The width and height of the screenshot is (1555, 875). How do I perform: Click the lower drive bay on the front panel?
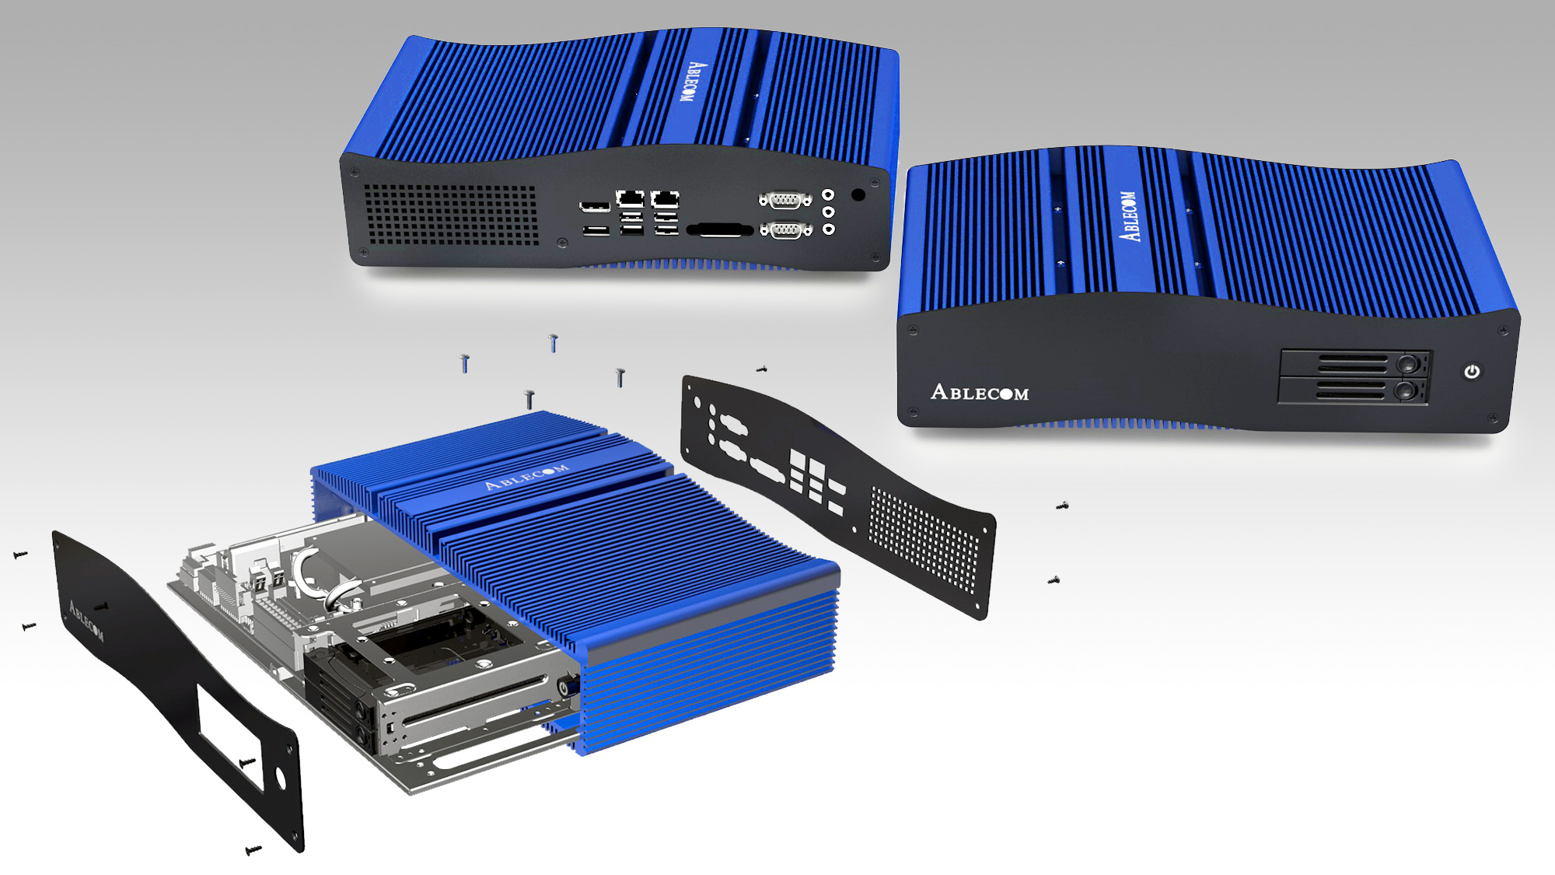(1354, 390)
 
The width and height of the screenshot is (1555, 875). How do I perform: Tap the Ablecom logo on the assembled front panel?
(980, 392)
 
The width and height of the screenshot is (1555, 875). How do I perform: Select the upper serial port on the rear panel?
(785, 200)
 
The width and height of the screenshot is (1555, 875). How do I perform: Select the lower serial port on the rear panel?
(785, 229)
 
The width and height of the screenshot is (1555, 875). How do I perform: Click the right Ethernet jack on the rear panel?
(665, 198)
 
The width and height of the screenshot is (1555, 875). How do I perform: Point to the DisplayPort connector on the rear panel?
(595, 206)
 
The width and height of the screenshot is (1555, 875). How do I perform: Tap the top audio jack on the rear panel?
(829, 194)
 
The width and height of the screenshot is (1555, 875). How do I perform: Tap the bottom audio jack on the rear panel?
(829, 229)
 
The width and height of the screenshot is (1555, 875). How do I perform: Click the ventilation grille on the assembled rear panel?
(452, 215)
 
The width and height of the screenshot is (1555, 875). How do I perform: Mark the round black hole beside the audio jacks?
(858, 194)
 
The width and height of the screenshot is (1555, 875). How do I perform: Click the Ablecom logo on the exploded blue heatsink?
(526, 476)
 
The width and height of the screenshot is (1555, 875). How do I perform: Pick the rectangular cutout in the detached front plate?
(225, 727)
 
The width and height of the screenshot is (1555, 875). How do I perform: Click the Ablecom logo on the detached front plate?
(86, 620)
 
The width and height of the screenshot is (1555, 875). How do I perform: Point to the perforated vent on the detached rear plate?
(924, 539)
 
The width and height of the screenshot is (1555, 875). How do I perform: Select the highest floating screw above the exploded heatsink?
(554, 342)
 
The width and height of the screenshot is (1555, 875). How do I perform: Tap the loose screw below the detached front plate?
(253, 850)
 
